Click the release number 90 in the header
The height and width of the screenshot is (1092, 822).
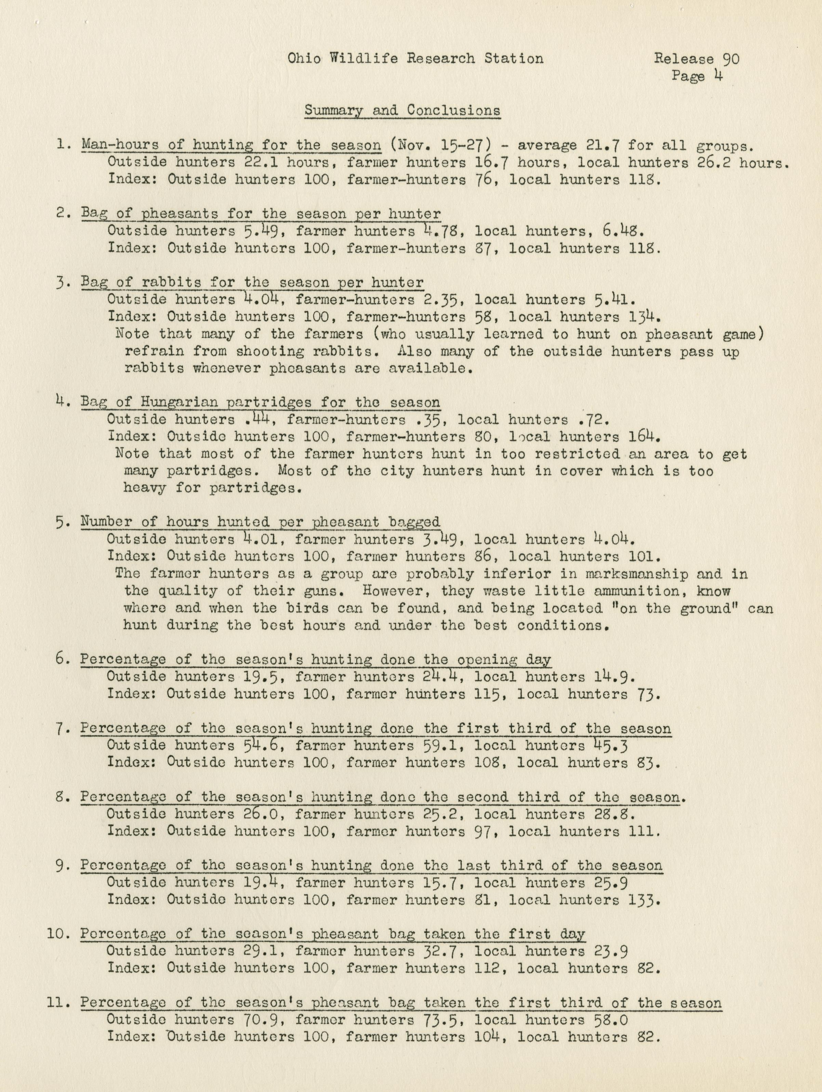731,59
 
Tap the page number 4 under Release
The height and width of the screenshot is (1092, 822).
717,76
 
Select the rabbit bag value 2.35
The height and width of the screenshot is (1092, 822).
442,300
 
